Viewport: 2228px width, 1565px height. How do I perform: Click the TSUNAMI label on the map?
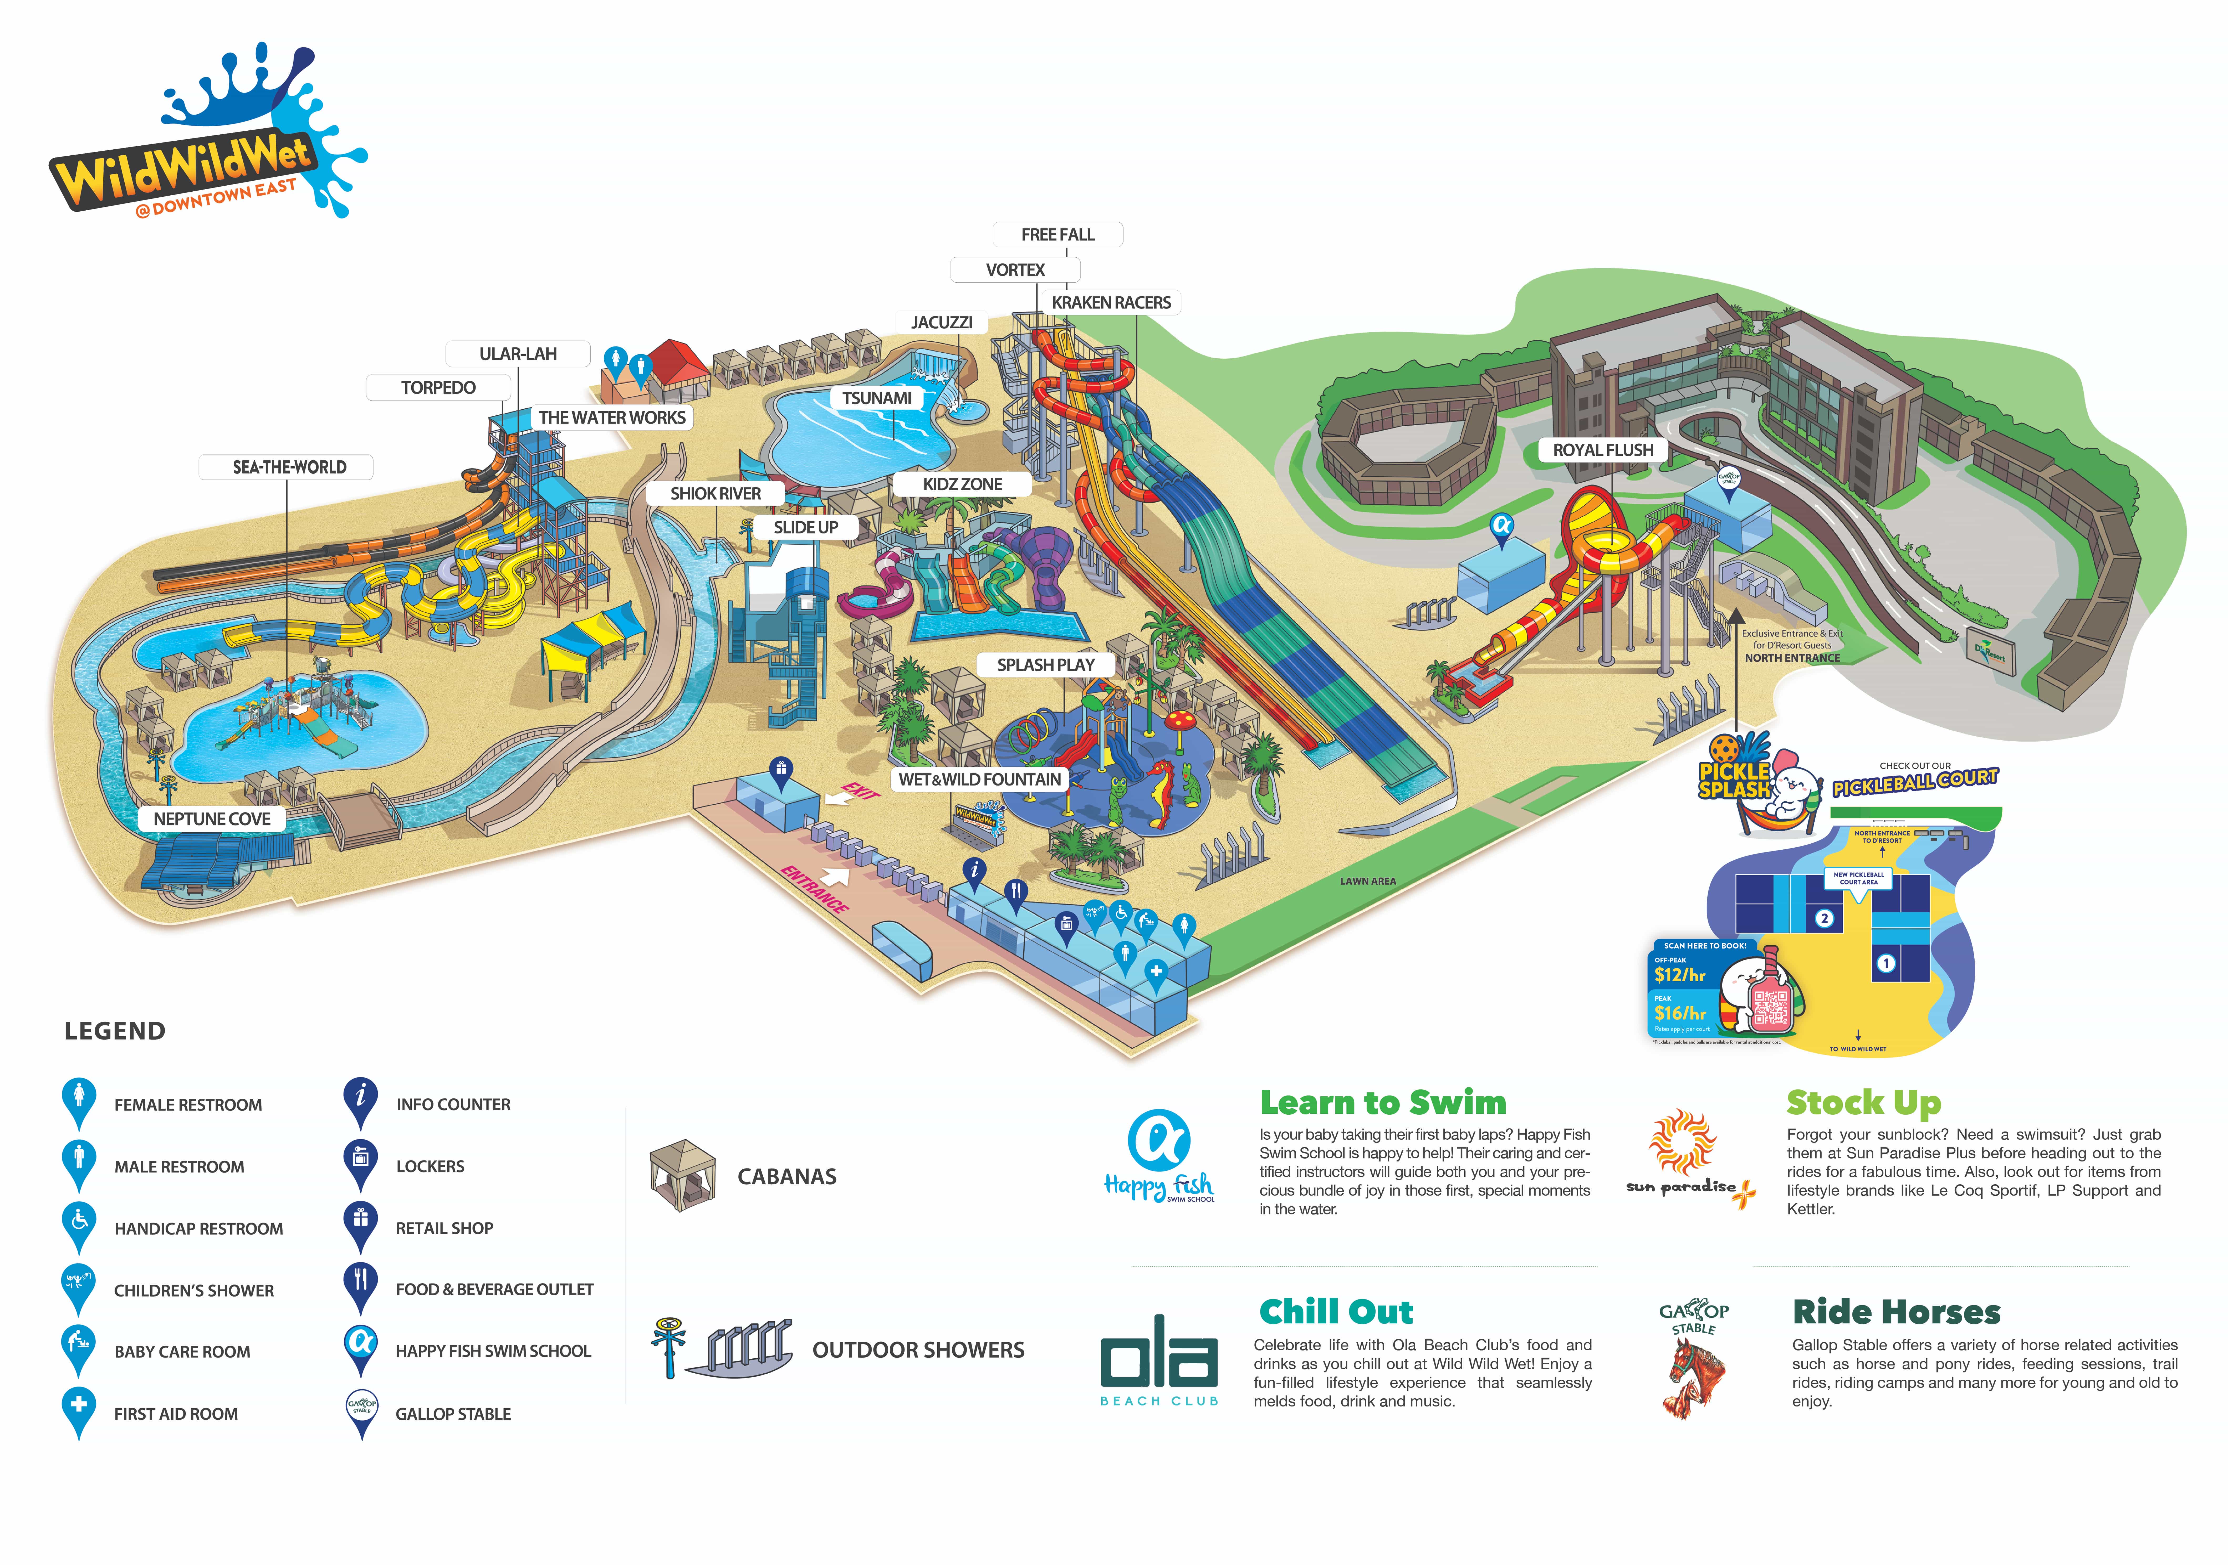click(x=876, y=398)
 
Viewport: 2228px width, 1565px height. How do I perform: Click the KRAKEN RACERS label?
click(x=1111, y=303)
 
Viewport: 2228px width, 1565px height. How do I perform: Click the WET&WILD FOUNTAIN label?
click(x=979, y=779)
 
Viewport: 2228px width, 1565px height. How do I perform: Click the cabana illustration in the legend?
click(x=682, y=1175)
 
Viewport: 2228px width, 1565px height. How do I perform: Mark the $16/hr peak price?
click(x=1680, y=1013)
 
